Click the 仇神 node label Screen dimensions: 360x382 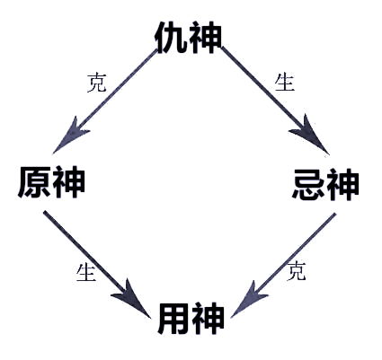pyautogui.click(x=188, y=37)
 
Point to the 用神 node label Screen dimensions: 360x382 pyautogui.click(x=191, y=319)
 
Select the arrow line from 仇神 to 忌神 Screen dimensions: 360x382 pyautogui.click(x=265, y=93)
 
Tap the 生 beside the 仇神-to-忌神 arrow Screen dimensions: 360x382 pyautogui.click(x=284, y=83)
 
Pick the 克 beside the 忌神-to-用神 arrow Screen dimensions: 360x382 pyautogui.click(x=296, y=272)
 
